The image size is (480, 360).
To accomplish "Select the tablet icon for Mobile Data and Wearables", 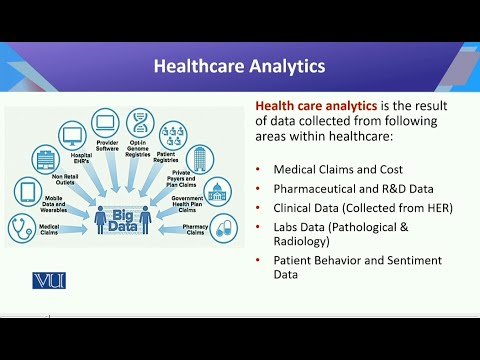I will click(28, 192).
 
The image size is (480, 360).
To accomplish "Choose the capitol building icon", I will click(217, 191).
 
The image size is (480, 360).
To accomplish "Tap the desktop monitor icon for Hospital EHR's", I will click(72, 134).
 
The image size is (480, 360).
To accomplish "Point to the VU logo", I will click(49, 280).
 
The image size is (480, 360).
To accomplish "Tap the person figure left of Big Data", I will click(100, 218).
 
